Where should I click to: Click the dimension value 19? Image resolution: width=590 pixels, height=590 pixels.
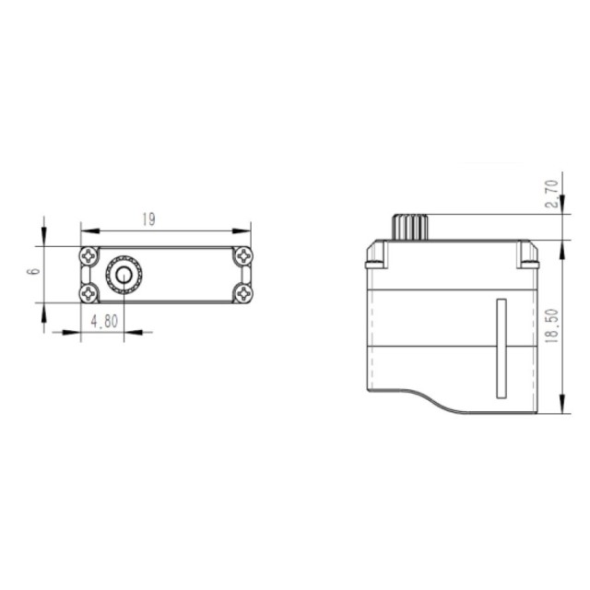point(148,219)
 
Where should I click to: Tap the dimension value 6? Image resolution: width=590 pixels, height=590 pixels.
point(35,271)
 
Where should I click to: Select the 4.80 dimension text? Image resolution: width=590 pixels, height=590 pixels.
point(104,321)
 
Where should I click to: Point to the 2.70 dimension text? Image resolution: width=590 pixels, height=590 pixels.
point(552,194)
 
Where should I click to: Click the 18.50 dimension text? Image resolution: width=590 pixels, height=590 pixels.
point(552,325)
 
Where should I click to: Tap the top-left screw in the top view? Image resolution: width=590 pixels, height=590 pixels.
point(88,256)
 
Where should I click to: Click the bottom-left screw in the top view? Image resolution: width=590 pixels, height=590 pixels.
point(88,293)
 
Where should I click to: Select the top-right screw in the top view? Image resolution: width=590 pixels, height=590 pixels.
point(243,256)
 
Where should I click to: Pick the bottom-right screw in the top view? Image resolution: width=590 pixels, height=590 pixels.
point(243,293)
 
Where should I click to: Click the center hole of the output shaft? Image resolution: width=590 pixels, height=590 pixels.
point(124,276)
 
